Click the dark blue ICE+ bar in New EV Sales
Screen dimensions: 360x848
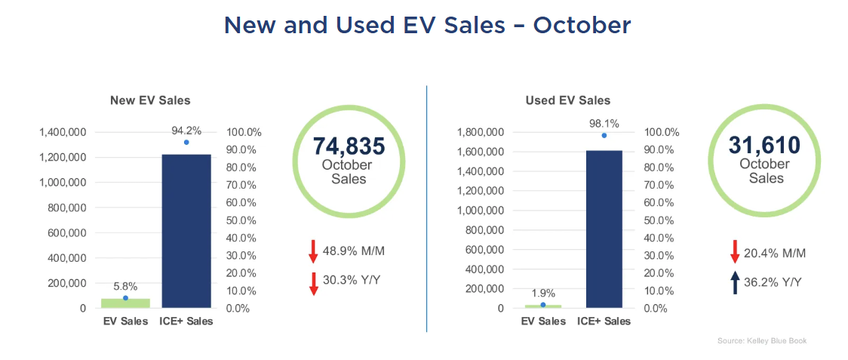pos(186,231)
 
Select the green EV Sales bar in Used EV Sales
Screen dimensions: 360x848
pos(543,306)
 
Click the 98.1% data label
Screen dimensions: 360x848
pos(604,122)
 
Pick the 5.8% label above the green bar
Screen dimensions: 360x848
pos(125,287)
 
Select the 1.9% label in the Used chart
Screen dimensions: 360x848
pos(543,293)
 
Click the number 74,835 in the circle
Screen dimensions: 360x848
pos(349,146)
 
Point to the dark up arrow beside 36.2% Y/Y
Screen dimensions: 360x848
pos(735,283)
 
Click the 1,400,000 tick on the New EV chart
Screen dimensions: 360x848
pos(63,132)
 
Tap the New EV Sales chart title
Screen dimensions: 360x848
pos(150,100)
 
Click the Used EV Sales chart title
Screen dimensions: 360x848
pos(568,100)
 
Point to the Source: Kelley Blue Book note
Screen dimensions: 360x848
pos(761,341)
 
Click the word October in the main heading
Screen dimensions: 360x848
pos(582,26)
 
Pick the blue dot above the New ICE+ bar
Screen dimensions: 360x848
pos(186,142)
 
